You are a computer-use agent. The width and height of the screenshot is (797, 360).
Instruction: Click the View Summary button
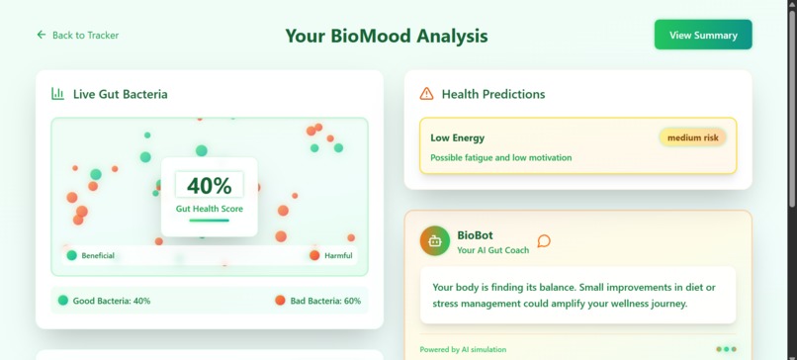coord(703,35)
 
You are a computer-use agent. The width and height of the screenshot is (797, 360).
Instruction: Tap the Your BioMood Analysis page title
coord(387,36)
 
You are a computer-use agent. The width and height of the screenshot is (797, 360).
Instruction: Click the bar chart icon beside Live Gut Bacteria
coord(57,94)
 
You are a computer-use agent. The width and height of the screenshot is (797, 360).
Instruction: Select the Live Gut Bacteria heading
coord(120,94)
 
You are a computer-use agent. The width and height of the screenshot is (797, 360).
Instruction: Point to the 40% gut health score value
coord(209,185)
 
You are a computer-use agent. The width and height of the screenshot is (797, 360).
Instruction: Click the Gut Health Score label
coord(209,209)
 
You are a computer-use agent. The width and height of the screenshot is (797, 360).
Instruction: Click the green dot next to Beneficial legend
coord(71,255)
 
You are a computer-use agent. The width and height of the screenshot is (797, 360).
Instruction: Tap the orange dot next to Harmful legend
coord(314,255)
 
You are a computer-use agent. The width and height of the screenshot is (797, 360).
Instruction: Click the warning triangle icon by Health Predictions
coord(426,94)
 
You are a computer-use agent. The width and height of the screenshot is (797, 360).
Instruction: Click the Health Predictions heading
coord(492,94)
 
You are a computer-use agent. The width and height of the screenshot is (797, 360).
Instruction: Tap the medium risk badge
coord(692,137)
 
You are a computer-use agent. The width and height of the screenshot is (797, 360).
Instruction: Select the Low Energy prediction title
coord(457,137)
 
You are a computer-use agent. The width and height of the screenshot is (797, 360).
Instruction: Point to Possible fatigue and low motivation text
coord(500,157)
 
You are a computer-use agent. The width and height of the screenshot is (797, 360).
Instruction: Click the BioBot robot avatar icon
coord(434,240)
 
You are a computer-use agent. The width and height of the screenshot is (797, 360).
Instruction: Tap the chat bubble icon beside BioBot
coord(544,240)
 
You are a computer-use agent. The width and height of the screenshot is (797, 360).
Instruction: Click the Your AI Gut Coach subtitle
coord(492,250)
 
